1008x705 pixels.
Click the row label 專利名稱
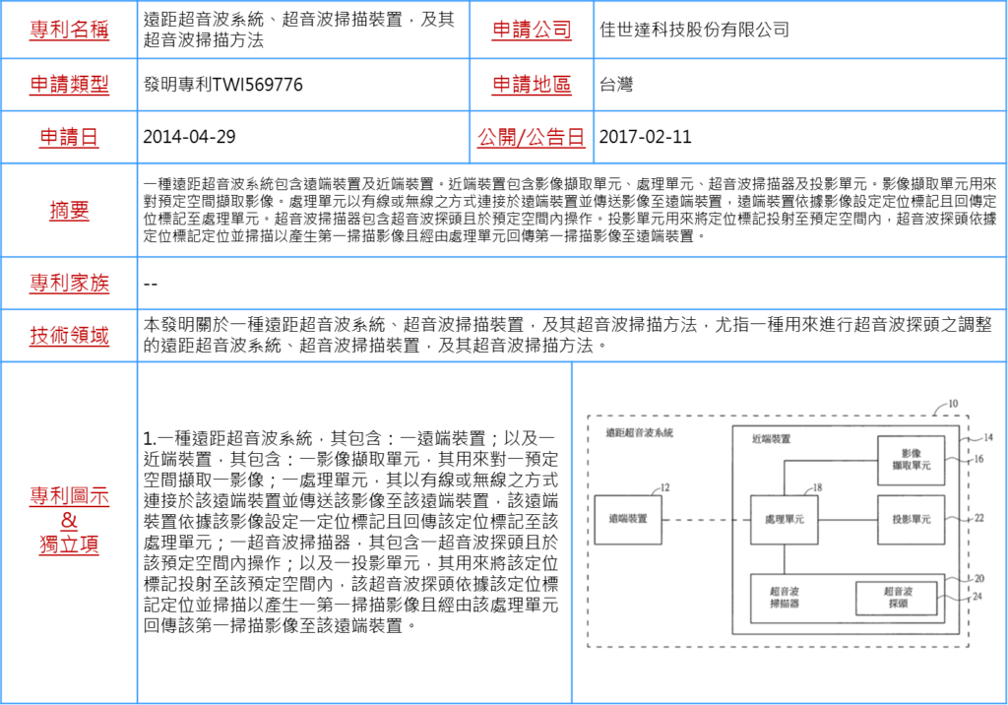69,30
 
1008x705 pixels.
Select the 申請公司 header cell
532,30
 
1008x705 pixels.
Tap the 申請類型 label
69,85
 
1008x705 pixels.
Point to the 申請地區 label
532,85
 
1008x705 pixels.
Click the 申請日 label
69,137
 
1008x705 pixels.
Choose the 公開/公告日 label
532,137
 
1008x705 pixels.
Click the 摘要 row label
69,210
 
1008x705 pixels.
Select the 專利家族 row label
69,284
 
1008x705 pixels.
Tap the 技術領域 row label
69,336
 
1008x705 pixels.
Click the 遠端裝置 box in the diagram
628,519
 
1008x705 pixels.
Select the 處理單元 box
784,519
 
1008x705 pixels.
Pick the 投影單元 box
911,519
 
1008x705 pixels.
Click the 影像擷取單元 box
911,459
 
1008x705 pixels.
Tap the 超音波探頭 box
897,598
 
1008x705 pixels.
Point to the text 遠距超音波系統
640,432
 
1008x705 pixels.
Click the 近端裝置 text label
771,439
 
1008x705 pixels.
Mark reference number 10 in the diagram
952,404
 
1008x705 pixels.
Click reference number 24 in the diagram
977,596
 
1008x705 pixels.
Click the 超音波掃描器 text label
785,598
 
